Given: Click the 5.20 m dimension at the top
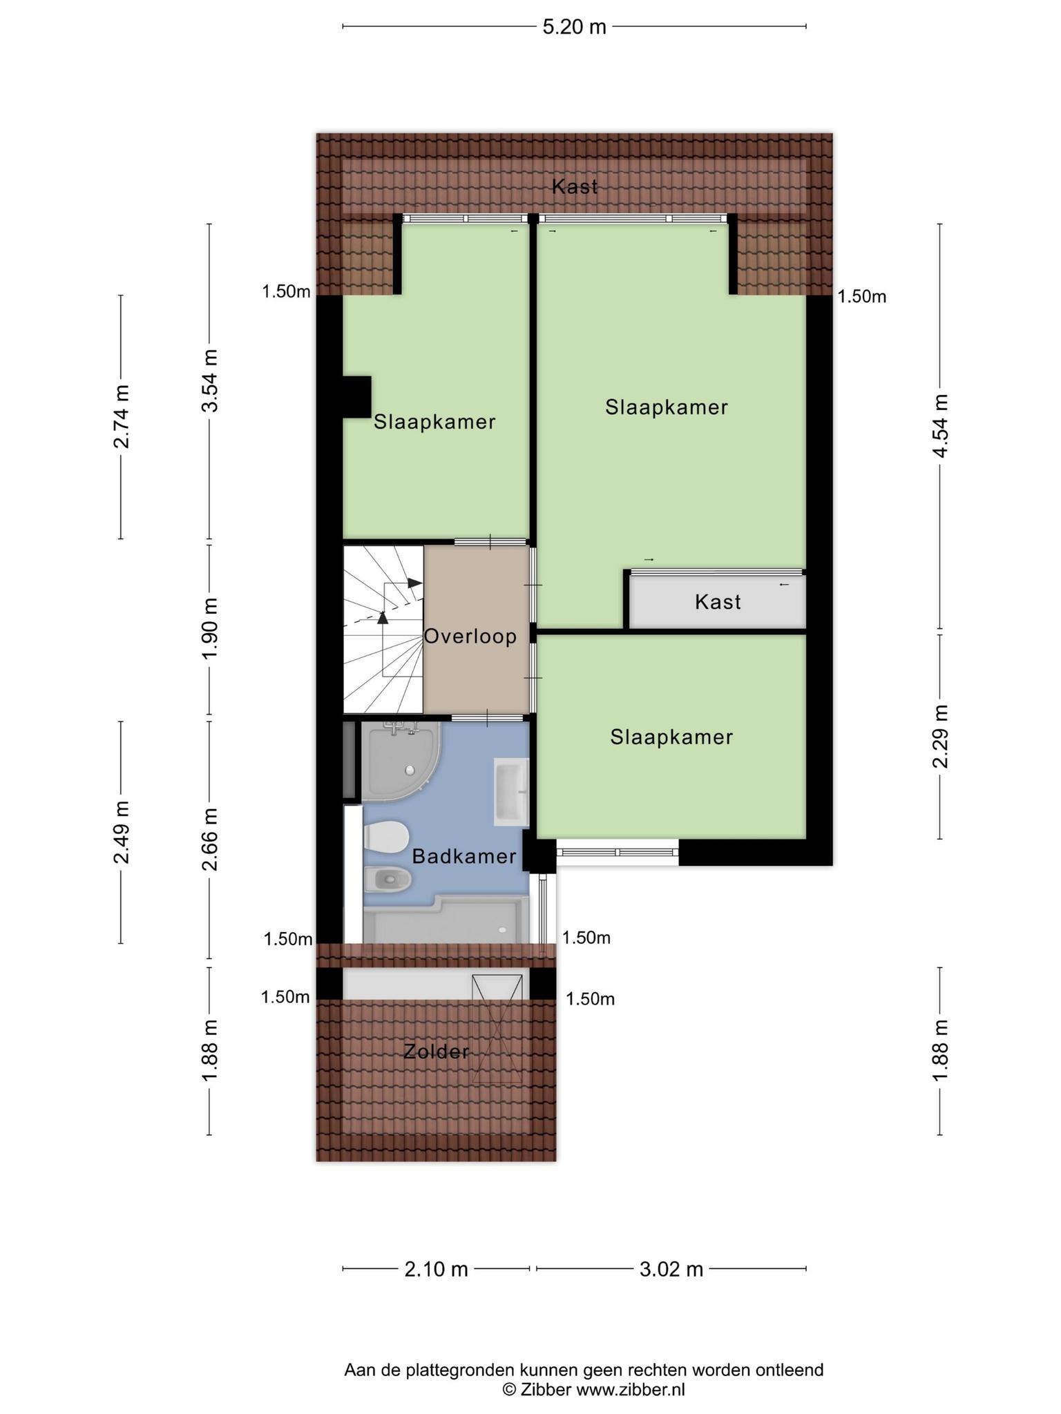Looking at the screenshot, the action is [574, 27].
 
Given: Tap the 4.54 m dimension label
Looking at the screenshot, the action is [940, 425].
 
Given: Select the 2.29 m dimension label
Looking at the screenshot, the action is [940, 736].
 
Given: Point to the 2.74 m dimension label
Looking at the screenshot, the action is [122, 416].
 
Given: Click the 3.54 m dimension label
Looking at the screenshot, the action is [209, 380].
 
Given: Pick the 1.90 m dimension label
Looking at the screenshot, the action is [209, 628].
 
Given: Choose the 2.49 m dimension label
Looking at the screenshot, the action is [122, 832].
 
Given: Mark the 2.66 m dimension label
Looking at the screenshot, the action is [209, 840].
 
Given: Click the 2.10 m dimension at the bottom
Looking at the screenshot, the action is [436, 1269].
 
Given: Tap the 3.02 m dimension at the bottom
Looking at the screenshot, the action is [671, 1269].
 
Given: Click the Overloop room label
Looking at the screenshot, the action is [470, 636].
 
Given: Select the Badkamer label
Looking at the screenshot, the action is [464, 857].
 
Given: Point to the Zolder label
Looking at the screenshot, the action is [437, 1052].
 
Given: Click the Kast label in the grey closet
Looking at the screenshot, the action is [718, 602].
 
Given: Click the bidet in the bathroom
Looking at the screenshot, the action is [388, 880].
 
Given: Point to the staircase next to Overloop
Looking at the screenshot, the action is [383, 629].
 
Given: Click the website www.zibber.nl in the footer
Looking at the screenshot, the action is [631, 1390].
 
